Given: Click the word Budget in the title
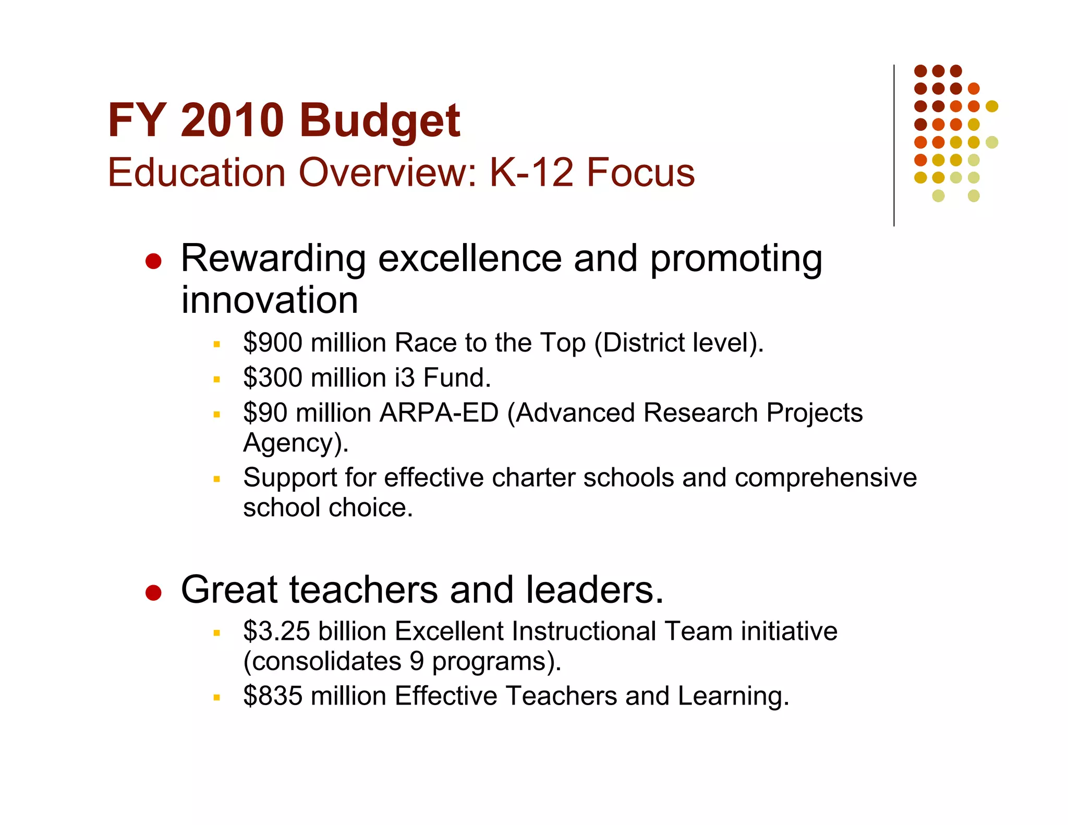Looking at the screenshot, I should pos(380,121).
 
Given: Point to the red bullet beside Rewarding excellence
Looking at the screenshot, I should pos(153,261).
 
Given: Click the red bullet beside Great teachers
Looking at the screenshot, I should pos(153,592).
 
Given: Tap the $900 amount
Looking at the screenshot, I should pos(273,343).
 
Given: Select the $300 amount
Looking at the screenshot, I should pos(273,378).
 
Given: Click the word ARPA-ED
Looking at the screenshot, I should pos(439,413).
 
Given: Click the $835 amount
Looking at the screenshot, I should pos(273,696).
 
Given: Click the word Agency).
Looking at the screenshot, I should pos(296,443).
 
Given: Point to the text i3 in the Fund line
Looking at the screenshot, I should pos(405,378).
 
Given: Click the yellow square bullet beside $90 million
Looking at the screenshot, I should pos(217,415).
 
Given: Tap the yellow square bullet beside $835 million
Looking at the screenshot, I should pos(217,697).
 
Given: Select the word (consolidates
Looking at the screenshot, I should pos(322,662).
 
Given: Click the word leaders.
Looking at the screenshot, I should pos(594,590).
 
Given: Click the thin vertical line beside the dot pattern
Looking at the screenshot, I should pos(894,146).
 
